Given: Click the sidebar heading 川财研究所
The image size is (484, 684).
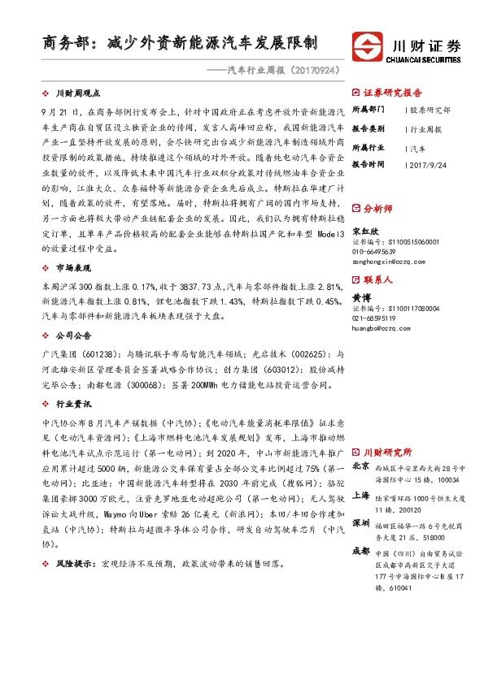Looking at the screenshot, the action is tap(387, 452).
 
